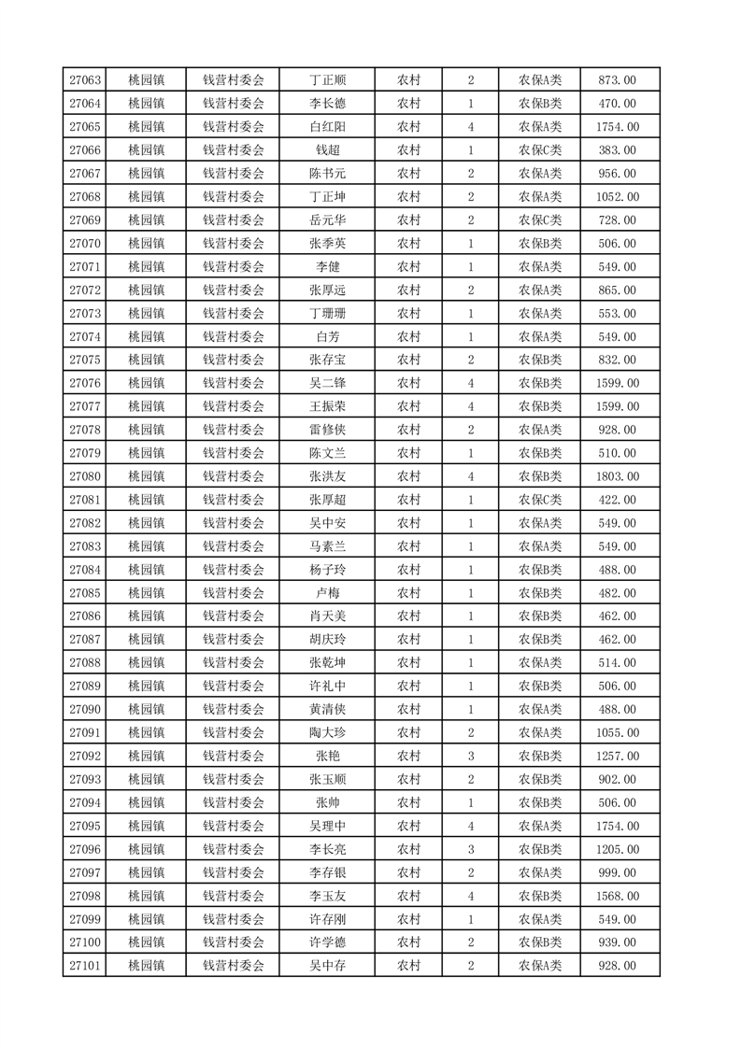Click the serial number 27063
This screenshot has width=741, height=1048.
point(85,80)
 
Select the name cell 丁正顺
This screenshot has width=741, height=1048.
point(327,80)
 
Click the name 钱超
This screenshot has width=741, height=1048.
point(327,150)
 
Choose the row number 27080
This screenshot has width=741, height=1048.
point(85,476)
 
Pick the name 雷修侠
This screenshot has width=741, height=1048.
point(327,430)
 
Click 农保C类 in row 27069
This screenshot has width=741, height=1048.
point(540,220)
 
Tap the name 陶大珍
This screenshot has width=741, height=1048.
point(327,732)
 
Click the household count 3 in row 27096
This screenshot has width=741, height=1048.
point(470,849)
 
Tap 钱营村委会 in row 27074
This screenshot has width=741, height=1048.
point(234,336)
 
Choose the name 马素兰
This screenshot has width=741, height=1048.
point(327,546)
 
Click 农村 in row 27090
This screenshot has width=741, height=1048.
point(408,709)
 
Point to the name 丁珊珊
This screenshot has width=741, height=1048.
point(327,313)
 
